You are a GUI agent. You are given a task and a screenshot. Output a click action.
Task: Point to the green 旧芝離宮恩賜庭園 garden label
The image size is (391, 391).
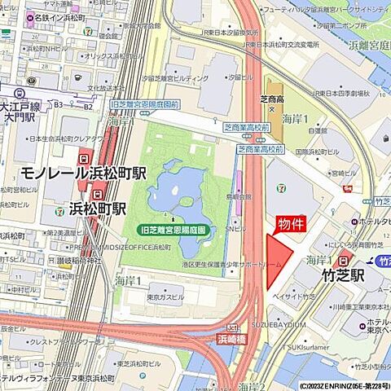point(175,231)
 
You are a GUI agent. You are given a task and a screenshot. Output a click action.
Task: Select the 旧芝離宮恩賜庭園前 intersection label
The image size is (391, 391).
point(144,105)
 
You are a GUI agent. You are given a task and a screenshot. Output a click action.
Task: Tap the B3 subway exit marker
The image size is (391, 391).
point(59,104)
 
